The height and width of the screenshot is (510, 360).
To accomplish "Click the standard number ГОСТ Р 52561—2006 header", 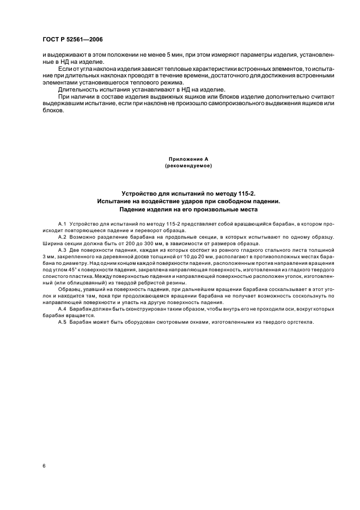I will [x=73, y=40].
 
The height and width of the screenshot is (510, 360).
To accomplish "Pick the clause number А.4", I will [x=62, y=309].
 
